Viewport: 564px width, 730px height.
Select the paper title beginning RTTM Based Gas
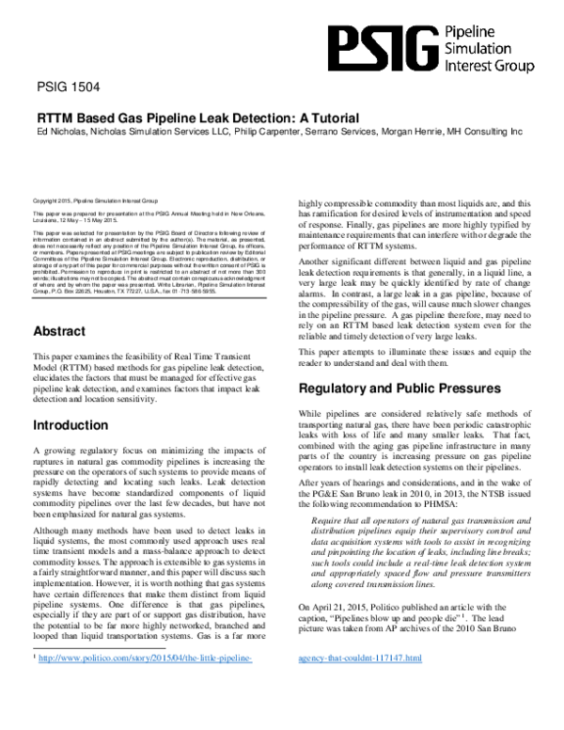(x=198, y=118)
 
